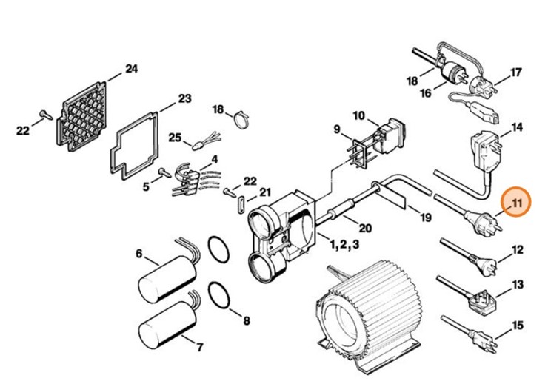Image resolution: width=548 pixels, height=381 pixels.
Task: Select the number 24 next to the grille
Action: (x=131, y=70)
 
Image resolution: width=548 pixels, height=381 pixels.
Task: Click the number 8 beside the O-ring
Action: (x=247, y=321)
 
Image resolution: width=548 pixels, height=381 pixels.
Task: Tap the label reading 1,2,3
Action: (x=345, y=244)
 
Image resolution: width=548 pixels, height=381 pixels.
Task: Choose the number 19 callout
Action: (x=424, y=218)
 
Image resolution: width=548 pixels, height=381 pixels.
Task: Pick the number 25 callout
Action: (x=175, y=137)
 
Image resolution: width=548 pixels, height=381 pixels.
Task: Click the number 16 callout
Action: (x=425, y=93)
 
